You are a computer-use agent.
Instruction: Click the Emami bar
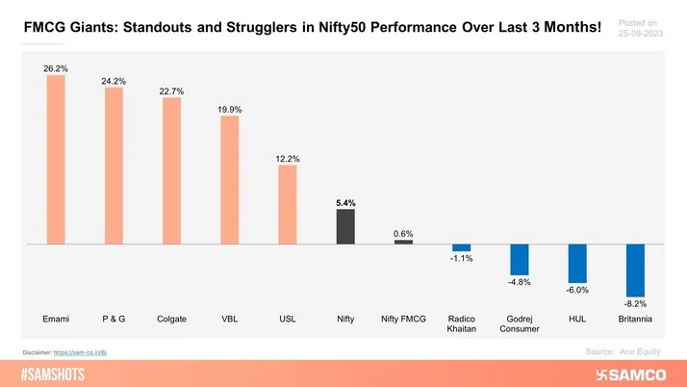tap(56, 159)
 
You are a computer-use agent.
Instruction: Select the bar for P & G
tap(114, 166)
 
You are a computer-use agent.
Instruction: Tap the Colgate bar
tap(171, 170)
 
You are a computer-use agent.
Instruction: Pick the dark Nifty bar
tap(345, 226)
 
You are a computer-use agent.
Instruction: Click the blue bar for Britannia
tap(635, 270)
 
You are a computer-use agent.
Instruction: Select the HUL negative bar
tap(577, 263)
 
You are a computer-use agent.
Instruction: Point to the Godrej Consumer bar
tap(520, 259)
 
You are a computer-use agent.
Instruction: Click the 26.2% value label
tap(56, 67)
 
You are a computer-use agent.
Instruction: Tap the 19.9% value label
tap(229, 110)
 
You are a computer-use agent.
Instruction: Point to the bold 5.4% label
tap(345, 203)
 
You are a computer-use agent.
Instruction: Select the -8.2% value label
tap(635, 304)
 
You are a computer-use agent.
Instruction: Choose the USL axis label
tap(288, 319)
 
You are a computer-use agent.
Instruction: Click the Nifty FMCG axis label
tap(403, 319)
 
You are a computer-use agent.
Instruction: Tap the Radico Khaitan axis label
tap(462, 323)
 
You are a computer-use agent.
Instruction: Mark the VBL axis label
tap(229, 319)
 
